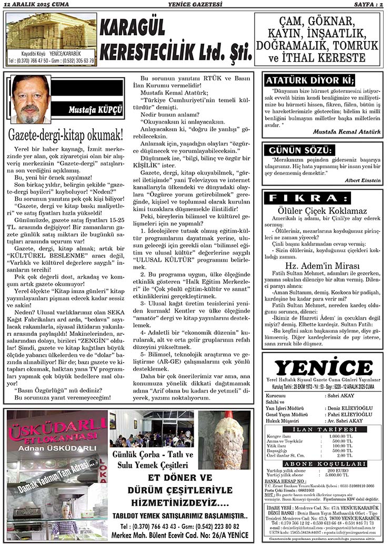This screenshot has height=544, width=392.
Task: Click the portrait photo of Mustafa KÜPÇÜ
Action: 31,99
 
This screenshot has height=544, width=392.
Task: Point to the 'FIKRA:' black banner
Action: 322,198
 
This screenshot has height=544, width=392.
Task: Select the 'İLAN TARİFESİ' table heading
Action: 323,430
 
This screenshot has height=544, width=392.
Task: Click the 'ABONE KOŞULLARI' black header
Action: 323,464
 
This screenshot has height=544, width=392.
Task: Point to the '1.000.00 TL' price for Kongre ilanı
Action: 340,436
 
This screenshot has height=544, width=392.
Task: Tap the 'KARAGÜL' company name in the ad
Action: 132,27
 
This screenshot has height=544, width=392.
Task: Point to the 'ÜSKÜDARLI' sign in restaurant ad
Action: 57,424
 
